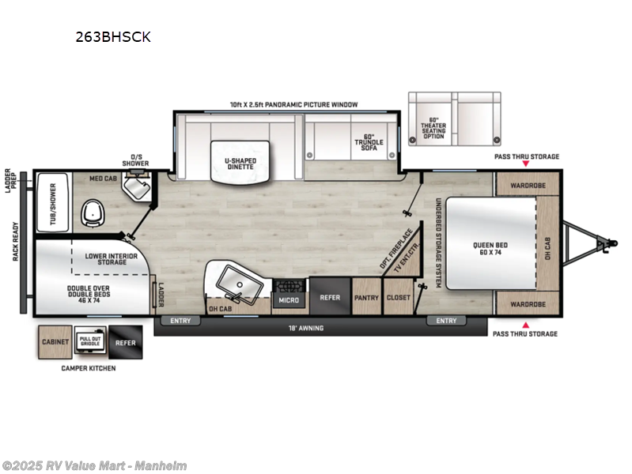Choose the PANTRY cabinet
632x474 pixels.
click(366, 298)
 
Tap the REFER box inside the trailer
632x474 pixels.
click(329, 298)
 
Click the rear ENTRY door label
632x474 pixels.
click(180, 321)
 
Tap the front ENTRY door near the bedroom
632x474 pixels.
click(446, 321)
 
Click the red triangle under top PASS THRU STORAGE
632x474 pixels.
click(525, 165)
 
